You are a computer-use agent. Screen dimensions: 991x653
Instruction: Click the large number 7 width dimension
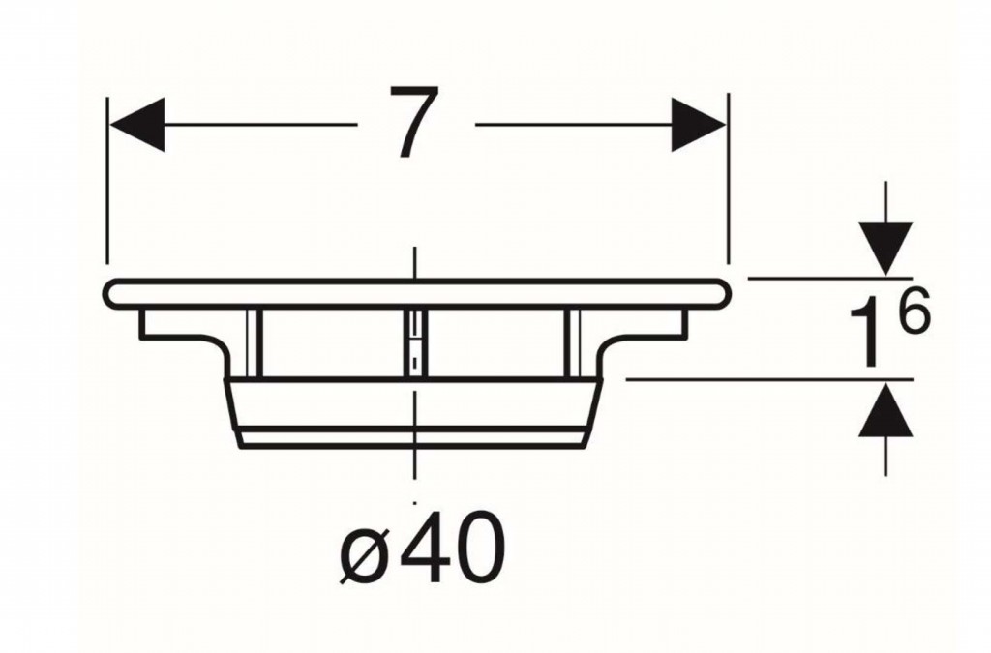(x=414, y=121)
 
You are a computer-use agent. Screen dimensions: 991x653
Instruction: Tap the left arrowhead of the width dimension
(x=137, y=125)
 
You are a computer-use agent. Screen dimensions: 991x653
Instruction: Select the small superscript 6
(x=915, y=311)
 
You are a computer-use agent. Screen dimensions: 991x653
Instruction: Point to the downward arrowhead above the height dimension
(x=886, y=249)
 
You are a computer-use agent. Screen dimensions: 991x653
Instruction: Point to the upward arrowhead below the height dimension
(x=886, y=408)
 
